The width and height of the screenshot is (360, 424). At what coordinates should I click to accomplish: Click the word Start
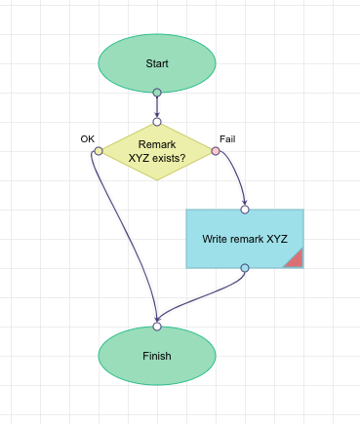coord(156,63)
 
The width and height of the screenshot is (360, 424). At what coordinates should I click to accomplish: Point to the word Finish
coord(156,356)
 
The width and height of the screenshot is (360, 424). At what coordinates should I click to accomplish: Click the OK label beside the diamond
coord(87,139)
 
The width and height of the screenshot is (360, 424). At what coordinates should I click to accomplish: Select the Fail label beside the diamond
coord(227,139)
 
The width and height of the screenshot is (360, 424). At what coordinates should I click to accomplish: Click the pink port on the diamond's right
coord(216,151)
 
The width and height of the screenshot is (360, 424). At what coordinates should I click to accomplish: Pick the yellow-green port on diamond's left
coord(98,151)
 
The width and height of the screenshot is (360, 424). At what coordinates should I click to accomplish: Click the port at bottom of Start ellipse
coord(156,93)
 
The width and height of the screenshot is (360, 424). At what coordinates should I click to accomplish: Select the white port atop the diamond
coord(156,122)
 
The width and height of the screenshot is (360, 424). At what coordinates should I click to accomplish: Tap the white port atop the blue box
coord(245,210)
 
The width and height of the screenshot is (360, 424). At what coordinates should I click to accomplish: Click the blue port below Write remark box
coord(245,268)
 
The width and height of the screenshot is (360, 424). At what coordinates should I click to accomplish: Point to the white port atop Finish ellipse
coord(156,327)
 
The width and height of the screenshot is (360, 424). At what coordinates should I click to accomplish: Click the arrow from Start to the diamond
coord(156,107)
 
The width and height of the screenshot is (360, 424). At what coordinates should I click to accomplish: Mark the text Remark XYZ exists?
coord(156,151)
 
